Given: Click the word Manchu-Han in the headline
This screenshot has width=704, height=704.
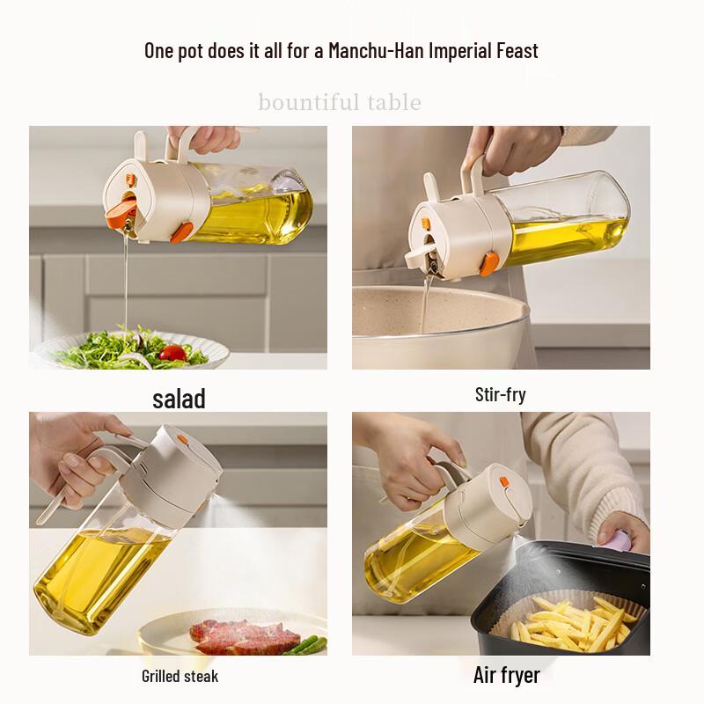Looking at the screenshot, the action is click(x=377, y=50).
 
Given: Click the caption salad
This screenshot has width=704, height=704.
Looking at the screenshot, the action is click(x=179, y=399).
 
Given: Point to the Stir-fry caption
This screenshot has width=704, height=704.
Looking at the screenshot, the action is click(x=500, y=395).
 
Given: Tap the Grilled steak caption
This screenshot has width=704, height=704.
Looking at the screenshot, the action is click(x=180, y=676).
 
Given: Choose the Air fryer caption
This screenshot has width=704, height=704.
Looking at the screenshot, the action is click(x=507, y=675).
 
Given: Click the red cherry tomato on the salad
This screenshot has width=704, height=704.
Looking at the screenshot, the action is click(x=172, y=353).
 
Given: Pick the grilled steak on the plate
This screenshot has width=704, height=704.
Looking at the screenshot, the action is click(x=244, y=636).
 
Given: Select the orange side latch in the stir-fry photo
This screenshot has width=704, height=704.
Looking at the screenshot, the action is click(x=488, y=264).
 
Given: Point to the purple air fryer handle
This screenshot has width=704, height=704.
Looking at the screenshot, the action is click(x=620, y=540).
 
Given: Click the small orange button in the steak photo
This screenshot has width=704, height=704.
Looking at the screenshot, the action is click(x=182, y=439).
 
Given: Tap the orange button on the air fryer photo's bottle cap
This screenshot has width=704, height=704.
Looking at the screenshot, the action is click(x=504, y=482).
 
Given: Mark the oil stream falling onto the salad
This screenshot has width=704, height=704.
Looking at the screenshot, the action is click(x=126, y=283).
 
